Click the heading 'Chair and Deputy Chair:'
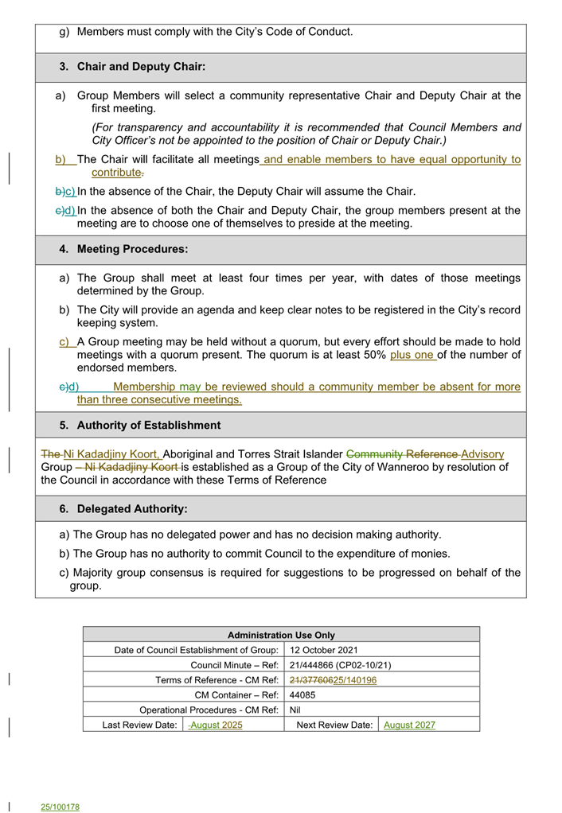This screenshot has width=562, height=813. click(x=141, y=67)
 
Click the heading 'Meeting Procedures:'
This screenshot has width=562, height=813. click(x=132, y=249)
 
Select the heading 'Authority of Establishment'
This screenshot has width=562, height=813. click(x=148, y=425)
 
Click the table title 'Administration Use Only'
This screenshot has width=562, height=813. click(x=281, y=635)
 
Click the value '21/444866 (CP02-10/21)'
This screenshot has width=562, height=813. click(x=340, y=665)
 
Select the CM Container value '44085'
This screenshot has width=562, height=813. click(x=302, y=694)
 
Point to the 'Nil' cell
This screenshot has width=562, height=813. click(x=295, y=710)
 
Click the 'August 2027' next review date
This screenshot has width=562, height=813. click(x=409, y=725)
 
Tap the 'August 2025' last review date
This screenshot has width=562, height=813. click(x=216, y=725)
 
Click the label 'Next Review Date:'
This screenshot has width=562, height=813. click(x=334, y=725)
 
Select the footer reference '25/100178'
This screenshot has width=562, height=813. click(x=60, y=807)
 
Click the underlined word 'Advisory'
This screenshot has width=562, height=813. click(x=482, y=453)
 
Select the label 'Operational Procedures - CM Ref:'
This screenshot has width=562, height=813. click(x=209, y=710)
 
